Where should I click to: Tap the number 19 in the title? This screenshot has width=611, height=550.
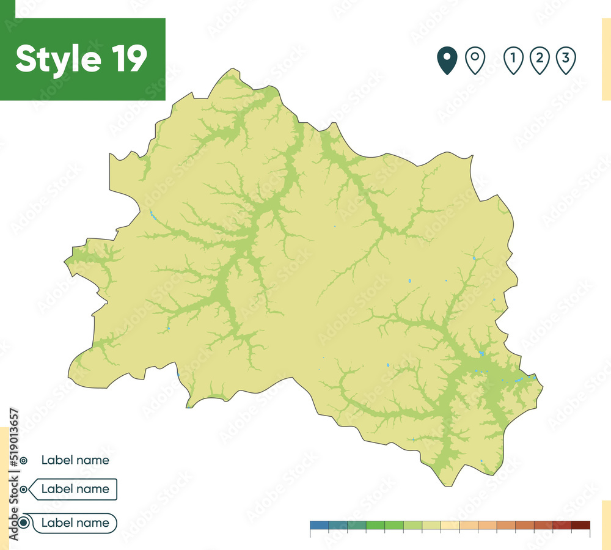pos(128,59)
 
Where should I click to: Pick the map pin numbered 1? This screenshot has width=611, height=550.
pos(513,60)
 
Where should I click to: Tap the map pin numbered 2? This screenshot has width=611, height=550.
pos(540,60)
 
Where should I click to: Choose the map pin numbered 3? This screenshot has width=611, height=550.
pos(566,60)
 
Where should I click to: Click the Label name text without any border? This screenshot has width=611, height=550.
pos(75,460)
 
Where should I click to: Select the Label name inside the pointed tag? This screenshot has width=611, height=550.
pos(75,489)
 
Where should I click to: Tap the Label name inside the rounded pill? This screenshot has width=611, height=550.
pos(75,523)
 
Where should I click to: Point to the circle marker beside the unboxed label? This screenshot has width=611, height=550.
pos(23,460)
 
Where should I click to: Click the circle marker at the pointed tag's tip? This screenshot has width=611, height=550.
pos(24,490)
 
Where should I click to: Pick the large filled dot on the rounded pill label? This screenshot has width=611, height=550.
pos(24,523)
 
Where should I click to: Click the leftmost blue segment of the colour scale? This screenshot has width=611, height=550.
pos(319,525)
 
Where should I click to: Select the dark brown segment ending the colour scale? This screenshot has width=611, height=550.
pos(580,525)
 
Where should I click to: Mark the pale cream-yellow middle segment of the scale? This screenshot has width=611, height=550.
pos(450,525)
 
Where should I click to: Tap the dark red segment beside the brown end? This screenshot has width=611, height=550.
pos(562,525)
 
